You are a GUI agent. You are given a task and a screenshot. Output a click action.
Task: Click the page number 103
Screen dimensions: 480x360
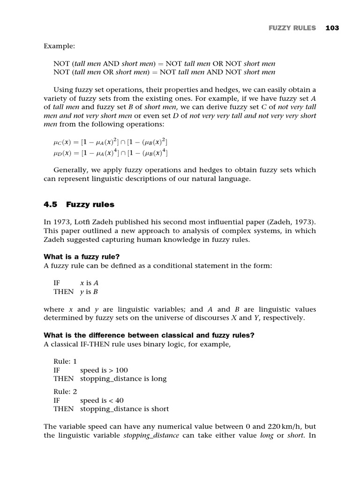point(332,28)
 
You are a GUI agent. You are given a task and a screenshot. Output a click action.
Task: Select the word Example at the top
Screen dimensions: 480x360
point(59,46)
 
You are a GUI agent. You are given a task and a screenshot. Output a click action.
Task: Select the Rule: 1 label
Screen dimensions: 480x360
point(65,361)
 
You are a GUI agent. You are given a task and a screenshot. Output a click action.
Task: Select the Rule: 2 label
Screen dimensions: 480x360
point(65,391)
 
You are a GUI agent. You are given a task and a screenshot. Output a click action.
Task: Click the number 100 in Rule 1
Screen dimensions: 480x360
point(121,370)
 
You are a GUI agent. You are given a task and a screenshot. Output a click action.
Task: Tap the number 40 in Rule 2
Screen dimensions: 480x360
point(119,400)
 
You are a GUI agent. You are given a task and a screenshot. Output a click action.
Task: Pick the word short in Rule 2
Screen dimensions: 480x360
point(160,409)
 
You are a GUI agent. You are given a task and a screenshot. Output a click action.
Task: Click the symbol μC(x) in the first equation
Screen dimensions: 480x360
point(63,142)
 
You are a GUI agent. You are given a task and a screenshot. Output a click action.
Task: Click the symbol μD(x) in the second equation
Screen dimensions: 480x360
point(63,153)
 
